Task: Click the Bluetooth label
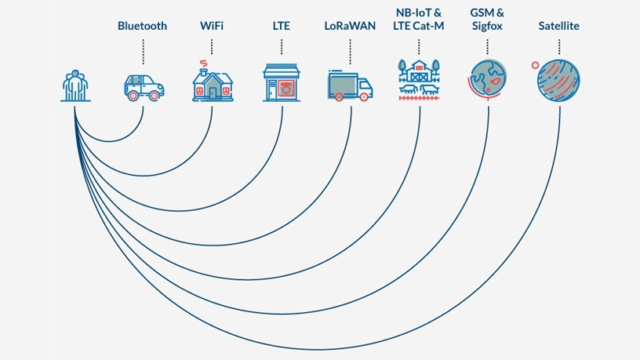142,26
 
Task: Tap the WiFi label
213,26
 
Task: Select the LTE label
281,26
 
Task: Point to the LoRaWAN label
350,26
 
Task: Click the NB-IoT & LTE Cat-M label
419,20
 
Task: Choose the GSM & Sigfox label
487,20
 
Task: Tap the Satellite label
558,26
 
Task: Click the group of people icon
75,85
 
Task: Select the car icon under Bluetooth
144,85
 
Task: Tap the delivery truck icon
350,85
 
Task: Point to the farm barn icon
419,78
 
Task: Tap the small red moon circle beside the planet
535,65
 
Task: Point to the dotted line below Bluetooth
143,51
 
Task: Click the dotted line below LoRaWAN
350,51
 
